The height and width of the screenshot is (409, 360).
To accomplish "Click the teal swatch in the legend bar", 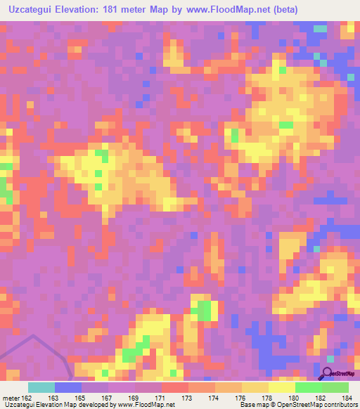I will pos(41,387).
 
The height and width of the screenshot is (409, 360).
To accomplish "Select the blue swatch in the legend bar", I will pos(67,387).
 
